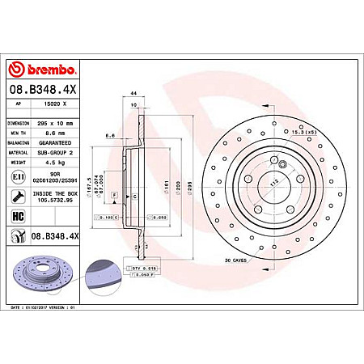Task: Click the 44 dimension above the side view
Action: (131, 94)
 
